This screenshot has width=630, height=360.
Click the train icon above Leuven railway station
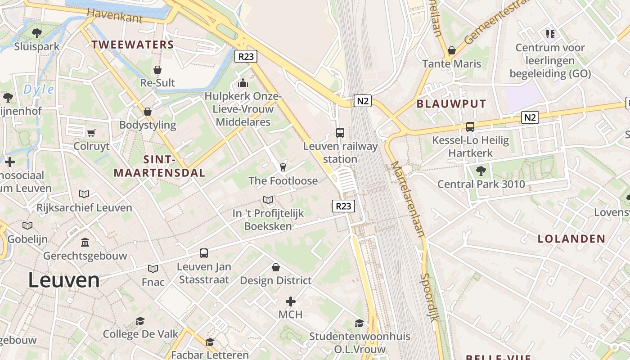tap(340, 133)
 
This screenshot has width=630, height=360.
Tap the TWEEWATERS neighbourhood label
tap(133, 45)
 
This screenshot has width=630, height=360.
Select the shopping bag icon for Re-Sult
tap(157, 70)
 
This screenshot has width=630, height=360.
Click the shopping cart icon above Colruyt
tap(91, 133)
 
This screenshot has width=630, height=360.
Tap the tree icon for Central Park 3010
tap(481, 171)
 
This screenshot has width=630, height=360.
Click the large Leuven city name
tap(63, 280)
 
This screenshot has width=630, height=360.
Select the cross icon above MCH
tap(291, 301)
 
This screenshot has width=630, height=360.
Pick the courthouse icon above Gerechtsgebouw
tap(85, 243)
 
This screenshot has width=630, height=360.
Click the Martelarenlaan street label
tap(407, 198)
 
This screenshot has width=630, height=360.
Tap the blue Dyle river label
tap(39, 89)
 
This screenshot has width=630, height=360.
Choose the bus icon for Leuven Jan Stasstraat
tap(204, 253)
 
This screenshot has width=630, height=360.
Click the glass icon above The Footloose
tap(283, 167)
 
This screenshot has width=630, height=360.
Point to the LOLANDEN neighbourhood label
tap(571, 239)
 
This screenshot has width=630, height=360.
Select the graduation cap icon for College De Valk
tap(140, 321)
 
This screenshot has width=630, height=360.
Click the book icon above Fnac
tap(153, 269)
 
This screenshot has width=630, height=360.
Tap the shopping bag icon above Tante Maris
tap(452, 50)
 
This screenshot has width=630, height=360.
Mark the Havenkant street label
tap(115, 16)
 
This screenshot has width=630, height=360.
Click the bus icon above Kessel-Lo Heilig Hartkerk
tap(470, 127)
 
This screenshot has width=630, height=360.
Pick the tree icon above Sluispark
tap(37, 33)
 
